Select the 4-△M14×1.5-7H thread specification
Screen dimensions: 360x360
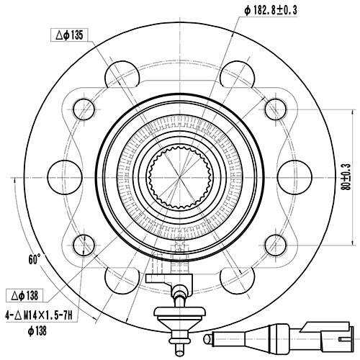pyautogui.click(x=42, y=314)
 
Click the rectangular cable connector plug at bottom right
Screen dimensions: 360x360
pyautogui.click(x=321, y=333)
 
